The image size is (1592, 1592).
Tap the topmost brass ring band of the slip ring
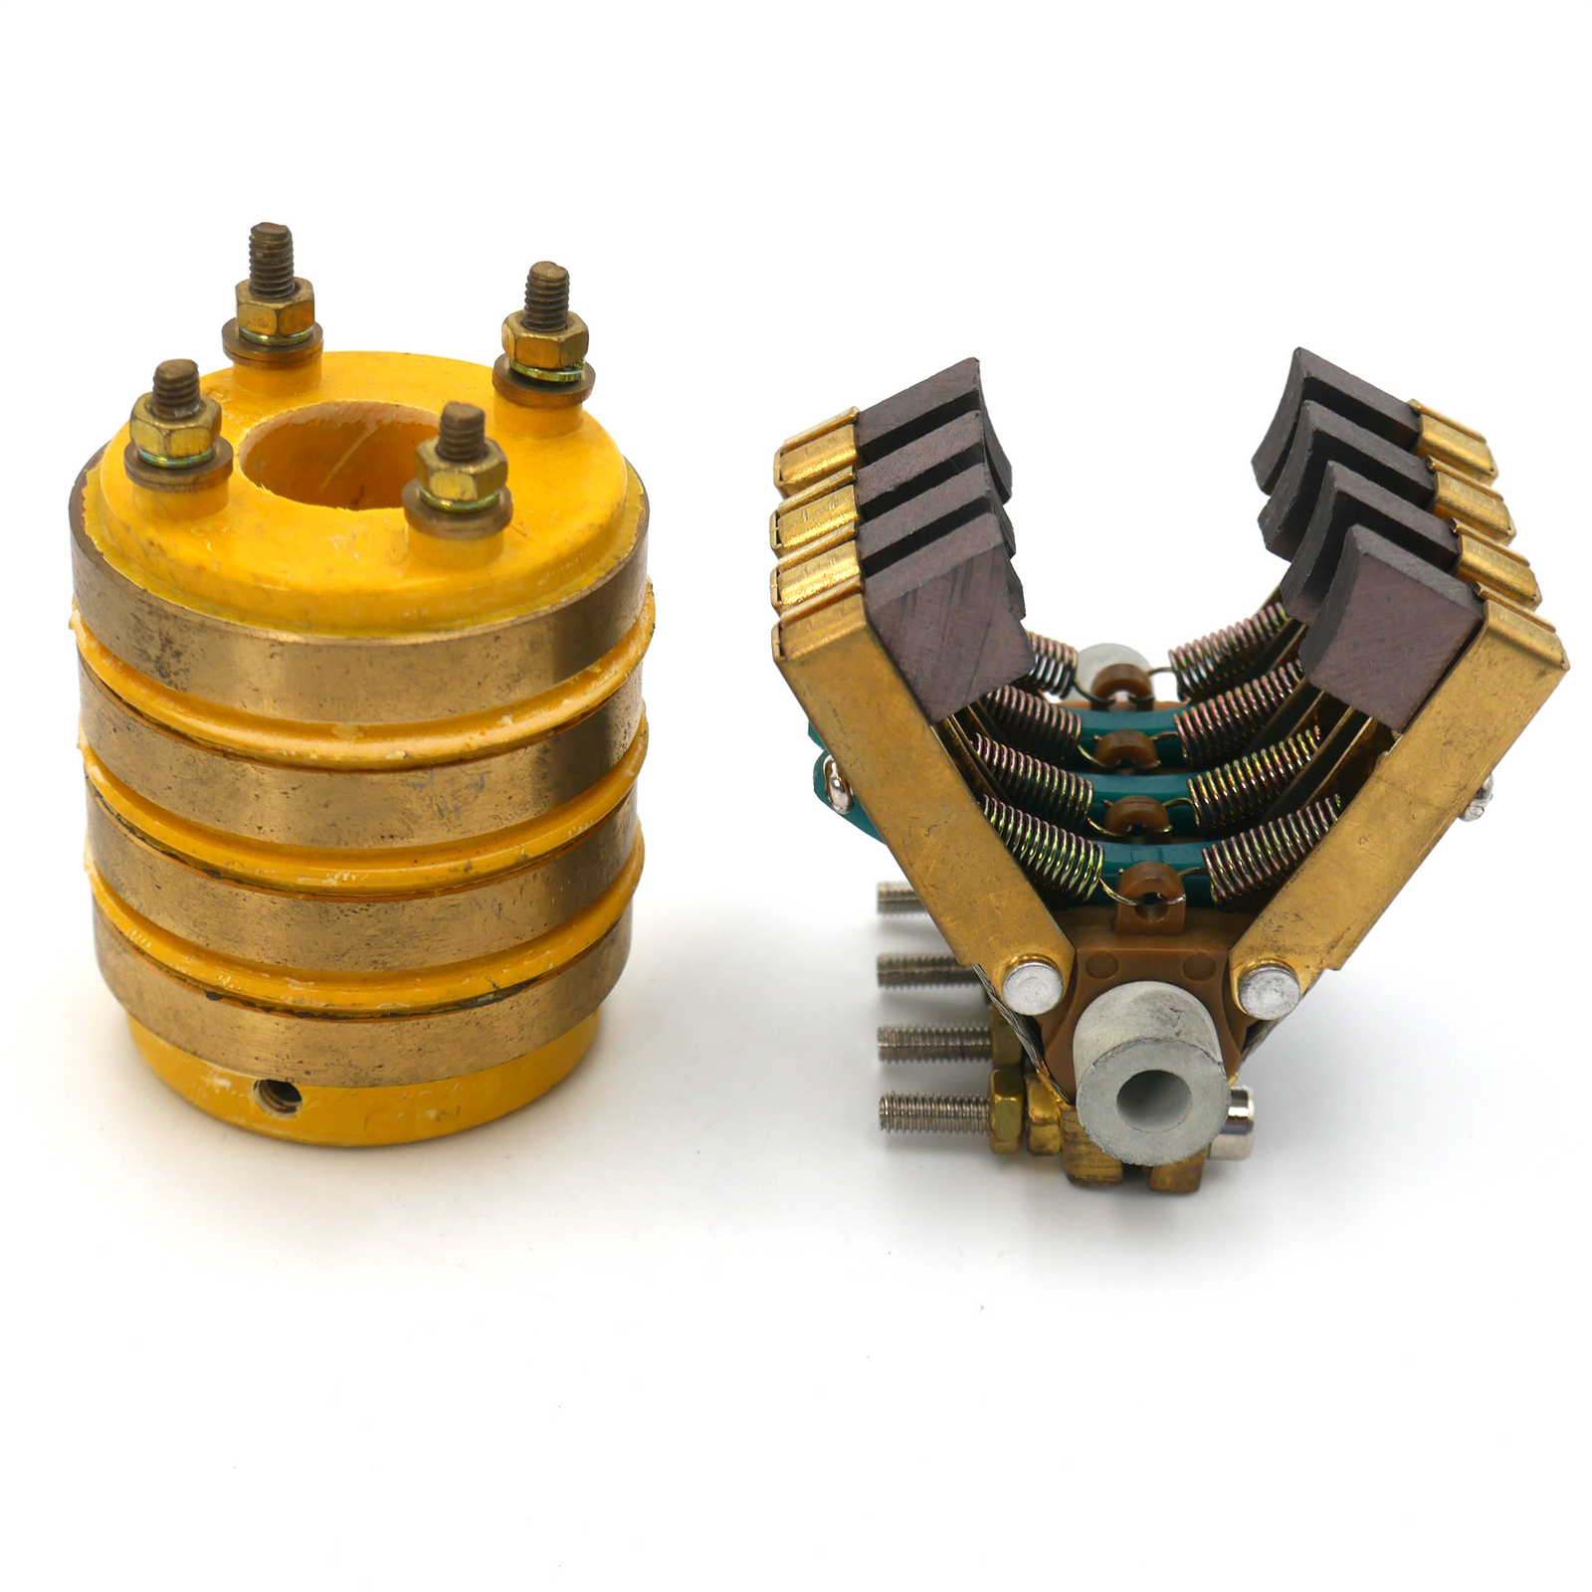358,647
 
